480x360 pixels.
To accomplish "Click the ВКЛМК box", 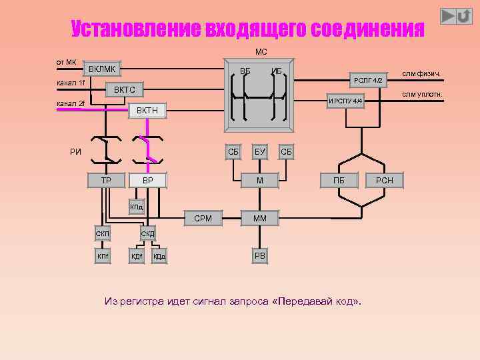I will (x=102, y=69).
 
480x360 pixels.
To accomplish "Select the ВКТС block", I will (x=125, y=89).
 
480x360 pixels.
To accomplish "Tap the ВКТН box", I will (x=147, y=110).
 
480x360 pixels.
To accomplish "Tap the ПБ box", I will (x=339, y=180).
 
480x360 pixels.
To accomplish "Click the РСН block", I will (x=385, y=180).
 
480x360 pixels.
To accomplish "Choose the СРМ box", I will (x=203, y=218).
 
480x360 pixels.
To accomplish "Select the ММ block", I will (x=259, y=218).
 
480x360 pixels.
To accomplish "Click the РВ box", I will (x=259, y=256).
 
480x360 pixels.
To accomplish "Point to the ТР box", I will (x=106, y=180).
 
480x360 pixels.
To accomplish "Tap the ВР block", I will (x=148, y=180).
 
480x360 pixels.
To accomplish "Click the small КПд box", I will (x=136, y=207).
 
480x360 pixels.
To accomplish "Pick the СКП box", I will (x=103, y=233).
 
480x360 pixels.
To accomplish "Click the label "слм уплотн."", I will (x=421, y=94).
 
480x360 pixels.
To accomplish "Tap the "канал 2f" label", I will (x=71, y=103).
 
